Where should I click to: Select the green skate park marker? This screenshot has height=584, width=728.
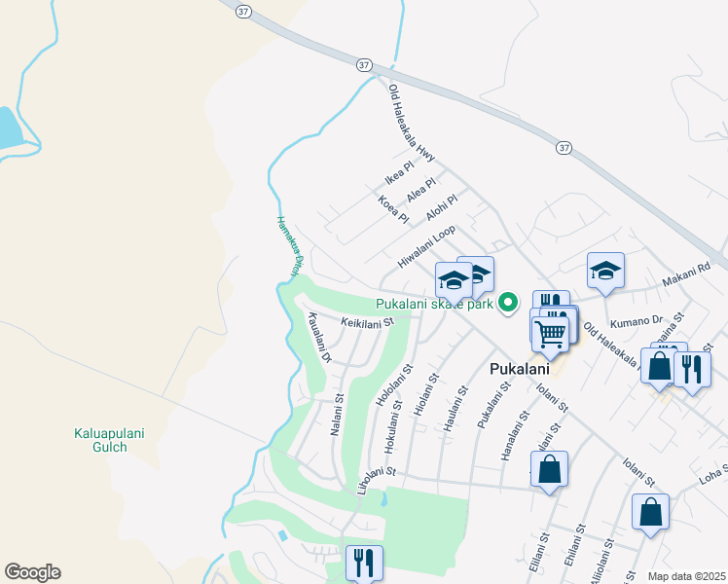tap(506, 304)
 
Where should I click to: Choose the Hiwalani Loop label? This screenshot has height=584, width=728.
tap(426, 247)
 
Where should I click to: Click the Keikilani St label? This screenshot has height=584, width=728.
tap(367, 321)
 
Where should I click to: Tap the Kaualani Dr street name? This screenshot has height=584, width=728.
tap(319, 337)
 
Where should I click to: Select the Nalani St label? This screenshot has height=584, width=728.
tap(340, 414)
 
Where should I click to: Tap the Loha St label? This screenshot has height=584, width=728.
tap(712, 474)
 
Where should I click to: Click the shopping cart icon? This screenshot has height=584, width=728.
tap(551, 333)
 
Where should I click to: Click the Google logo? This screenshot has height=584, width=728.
tap(32, 572)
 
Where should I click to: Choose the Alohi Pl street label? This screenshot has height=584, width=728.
tap(442, 206)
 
